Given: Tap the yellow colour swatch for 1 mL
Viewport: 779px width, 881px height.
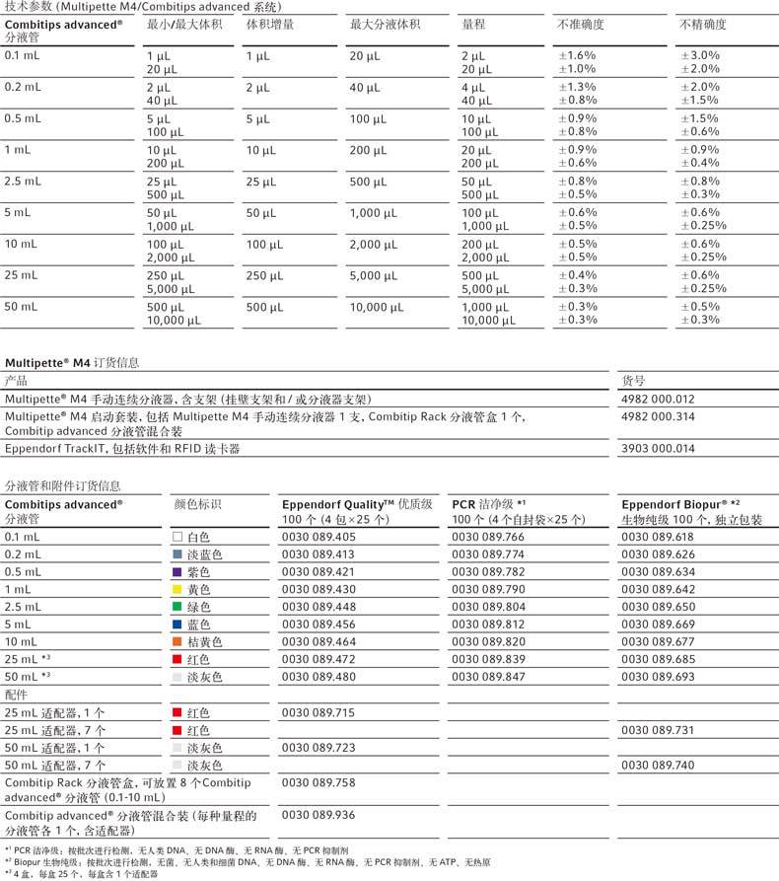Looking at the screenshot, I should coord(177,590).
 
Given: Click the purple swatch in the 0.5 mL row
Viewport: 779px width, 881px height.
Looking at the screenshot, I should coord(177,572).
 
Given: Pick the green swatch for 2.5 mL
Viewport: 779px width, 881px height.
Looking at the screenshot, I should coord(177,608).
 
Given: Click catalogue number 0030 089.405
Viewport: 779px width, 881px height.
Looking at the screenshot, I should coord(319,537).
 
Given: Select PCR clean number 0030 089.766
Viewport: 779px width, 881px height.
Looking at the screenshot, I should coord(488,537).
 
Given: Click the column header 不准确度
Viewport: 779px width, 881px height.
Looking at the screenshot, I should coord(581,23).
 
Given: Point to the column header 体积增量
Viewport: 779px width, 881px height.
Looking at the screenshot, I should coord(270,23).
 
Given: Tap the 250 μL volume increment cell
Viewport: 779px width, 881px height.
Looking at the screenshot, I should coord(263,275).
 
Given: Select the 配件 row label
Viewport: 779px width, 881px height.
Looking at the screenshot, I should coord(18,695).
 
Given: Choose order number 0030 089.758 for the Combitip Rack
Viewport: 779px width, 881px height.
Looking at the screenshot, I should coord(319,781).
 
